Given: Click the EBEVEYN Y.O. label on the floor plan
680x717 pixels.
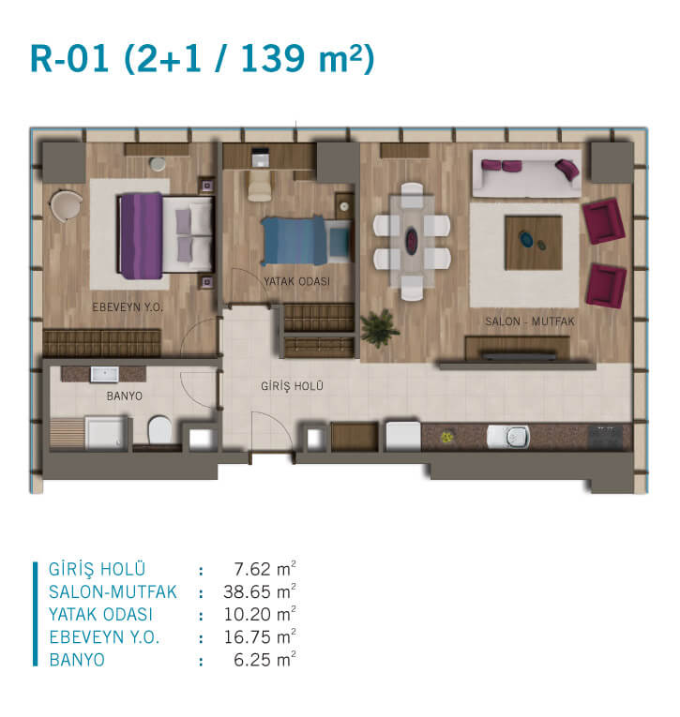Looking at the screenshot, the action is (128, 307).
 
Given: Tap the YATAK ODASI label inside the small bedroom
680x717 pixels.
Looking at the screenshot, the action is (296, 282).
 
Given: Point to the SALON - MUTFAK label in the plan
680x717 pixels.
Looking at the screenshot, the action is (529, 321).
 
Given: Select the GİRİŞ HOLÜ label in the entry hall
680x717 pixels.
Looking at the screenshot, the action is (292, 386).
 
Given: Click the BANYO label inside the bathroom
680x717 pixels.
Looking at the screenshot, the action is (125, 396).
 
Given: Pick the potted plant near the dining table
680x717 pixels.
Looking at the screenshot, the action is (379, 327).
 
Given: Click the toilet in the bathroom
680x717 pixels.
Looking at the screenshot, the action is (159, 429).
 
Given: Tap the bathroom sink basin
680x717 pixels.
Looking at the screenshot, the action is (105, 374).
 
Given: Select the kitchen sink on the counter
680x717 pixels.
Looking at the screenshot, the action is (508, 436).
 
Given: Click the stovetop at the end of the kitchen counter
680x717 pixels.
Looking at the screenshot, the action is (605, 437).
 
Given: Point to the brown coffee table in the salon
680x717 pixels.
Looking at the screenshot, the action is (534, 243).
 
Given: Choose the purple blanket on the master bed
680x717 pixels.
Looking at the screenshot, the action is (141, 236).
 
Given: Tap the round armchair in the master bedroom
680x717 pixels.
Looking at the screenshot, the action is (67, 206).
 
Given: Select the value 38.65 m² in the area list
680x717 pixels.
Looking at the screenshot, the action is (260, 592).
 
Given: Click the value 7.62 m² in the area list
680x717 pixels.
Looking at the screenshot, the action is (264, 569).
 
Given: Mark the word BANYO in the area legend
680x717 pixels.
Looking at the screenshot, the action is (77, 660).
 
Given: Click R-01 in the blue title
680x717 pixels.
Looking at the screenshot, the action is (69, 58).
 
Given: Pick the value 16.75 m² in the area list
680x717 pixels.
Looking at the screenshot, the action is (260, 637).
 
